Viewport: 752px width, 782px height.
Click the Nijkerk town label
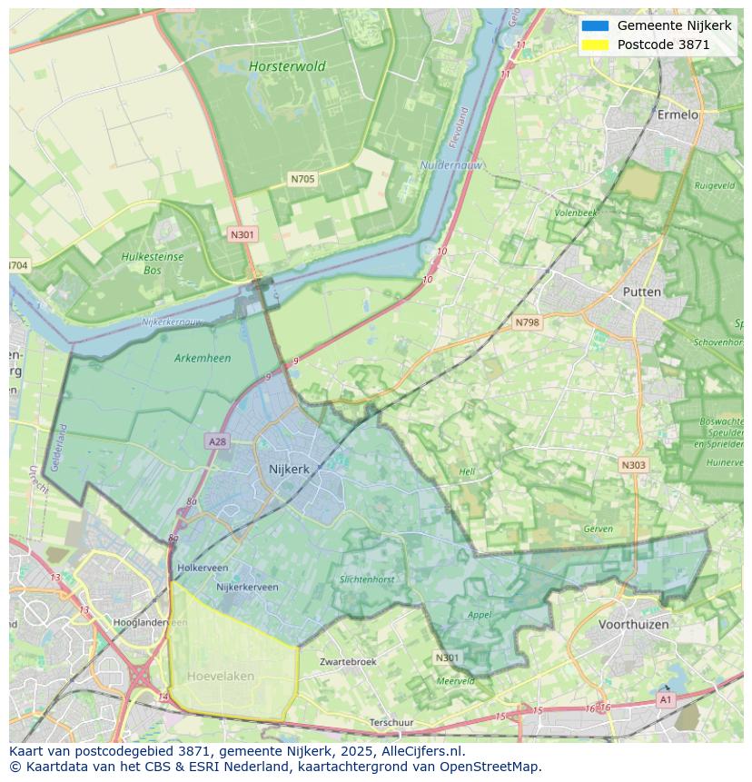click(289, 470)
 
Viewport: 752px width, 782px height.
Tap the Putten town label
click(642, 292)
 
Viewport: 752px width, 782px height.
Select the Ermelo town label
click(678, 115)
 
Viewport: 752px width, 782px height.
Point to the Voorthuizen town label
click(633, 624)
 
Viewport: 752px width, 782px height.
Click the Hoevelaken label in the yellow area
click(221, 676)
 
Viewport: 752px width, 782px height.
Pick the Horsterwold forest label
click(287, 66)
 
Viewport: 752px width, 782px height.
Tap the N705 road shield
click(302, 179)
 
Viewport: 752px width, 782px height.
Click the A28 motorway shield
click(217, 441)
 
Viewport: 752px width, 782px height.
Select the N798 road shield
click(527, 322)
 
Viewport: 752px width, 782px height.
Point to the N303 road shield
click(633, 465)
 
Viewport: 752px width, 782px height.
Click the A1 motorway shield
click(666, 700)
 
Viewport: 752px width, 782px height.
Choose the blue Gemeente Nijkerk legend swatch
click(595, 26)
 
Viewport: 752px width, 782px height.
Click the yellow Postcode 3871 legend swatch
click(595, 45)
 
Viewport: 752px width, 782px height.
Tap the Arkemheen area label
click(202, 358)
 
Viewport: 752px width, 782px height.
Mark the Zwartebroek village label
click(348, 662)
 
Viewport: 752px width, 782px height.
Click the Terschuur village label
click(391, 722)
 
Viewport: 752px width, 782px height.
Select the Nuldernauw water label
click(451, 165)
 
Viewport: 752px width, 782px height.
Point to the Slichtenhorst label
click(367, 579)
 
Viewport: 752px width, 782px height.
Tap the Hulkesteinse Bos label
click(153, 263)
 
